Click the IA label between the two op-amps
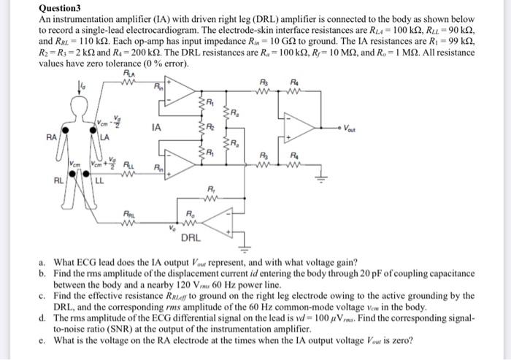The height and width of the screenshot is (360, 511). (155, 126)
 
